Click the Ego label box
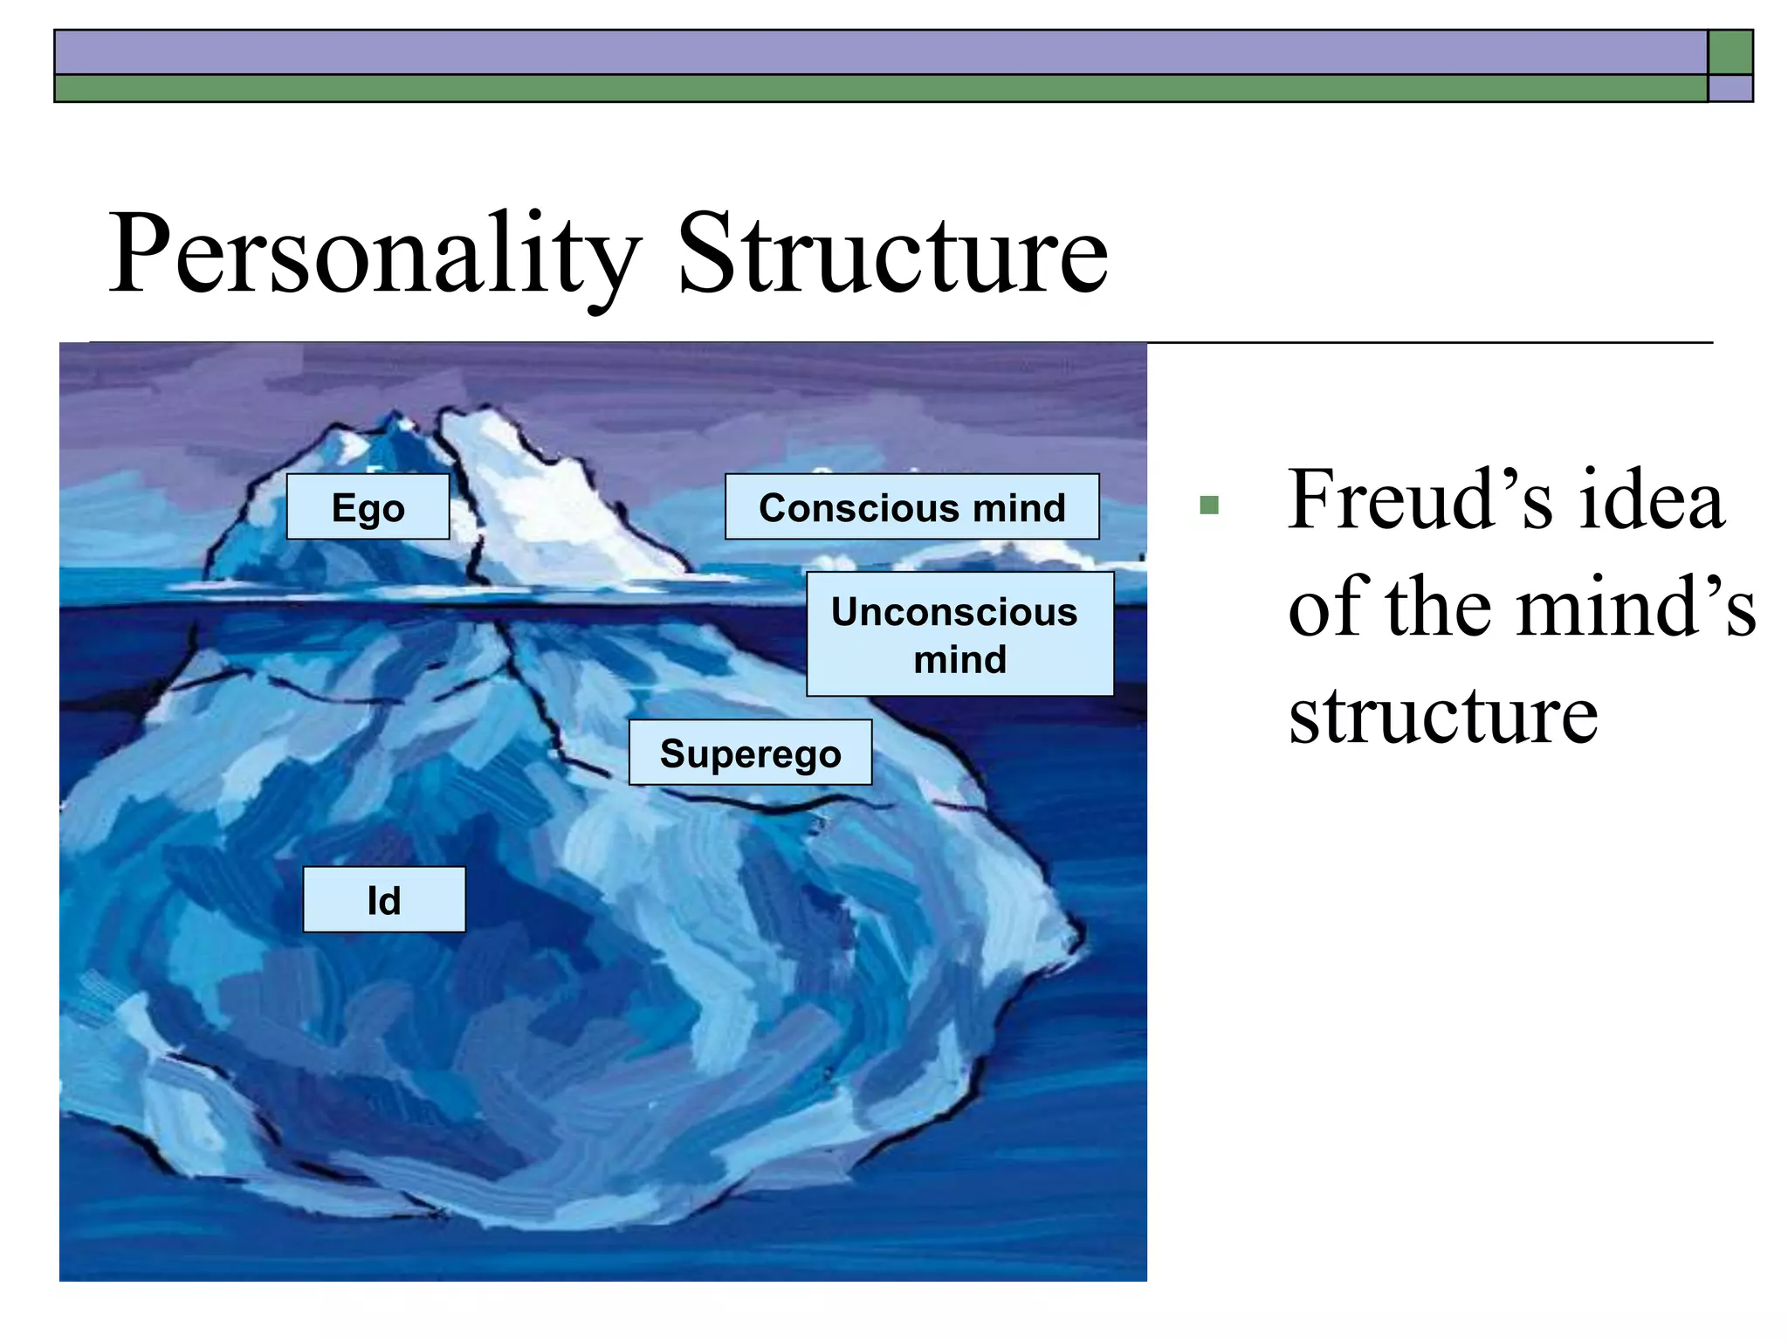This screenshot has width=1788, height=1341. click(368, 507)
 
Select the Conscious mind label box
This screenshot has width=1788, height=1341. click(911, 507)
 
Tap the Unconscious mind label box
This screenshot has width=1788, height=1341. click(959, 635)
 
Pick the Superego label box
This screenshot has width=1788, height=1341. click(750, 753)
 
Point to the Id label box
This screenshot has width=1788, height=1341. click(384, 900)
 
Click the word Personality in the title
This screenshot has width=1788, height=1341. click(375, 255)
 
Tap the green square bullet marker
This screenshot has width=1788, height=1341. click(1209, 505)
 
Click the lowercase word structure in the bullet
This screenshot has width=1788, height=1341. click(1443, 716)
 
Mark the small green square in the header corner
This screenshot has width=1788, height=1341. click(1730, 52)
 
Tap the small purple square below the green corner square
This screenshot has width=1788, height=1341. click(1730, 89)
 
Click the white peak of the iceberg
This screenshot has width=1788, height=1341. click(524, 489)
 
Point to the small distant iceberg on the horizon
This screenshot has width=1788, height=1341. click(1004, 555)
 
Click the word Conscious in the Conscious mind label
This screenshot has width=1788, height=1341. click(853, 508)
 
